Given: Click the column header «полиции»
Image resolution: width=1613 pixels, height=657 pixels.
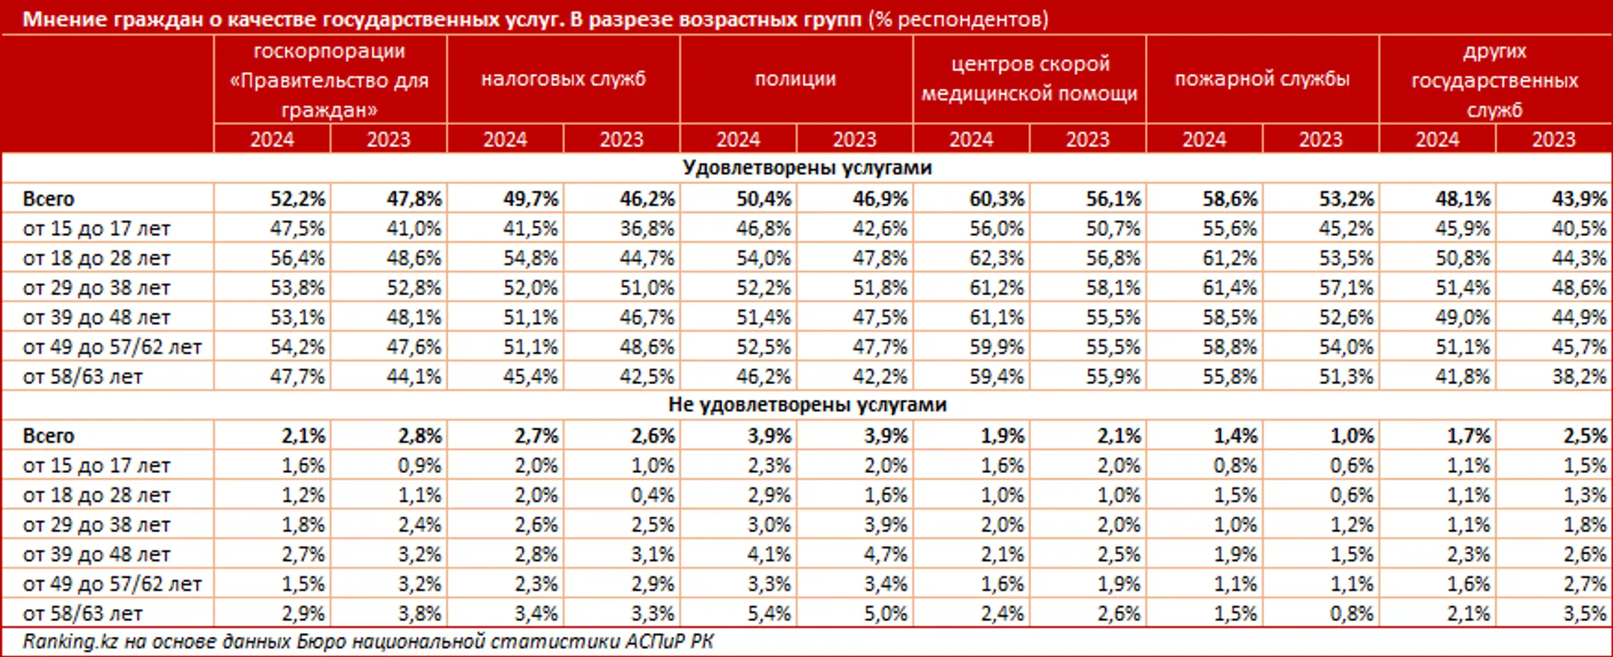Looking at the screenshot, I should click(x=795, y=78).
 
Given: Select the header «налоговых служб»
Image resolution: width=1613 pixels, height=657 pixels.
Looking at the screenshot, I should click(x=563, y=78).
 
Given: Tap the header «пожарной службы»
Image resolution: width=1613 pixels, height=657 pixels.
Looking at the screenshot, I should click(x=1262, y=78).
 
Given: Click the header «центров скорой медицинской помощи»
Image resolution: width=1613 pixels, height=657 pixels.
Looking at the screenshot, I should click(x=1029, y=78).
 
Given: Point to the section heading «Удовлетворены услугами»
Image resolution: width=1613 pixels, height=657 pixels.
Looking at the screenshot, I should click(x=806, y=167).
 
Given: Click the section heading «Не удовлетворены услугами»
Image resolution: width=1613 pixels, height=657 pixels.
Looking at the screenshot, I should click(x=806, y=404).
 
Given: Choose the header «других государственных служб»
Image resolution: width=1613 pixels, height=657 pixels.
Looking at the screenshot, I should click(x=1495, y=80).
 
